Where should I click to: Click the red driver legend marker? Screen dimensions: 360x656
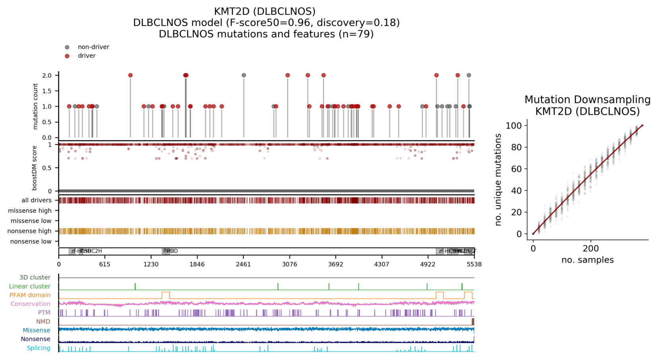pyautogui.click(x=67, y=56)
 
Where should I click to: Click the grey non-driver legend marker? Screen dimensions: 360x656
pyautogui.click(x=67, y=47)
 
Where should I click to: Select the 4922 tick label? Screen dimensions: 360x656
pyautogui.click(x=428, y=264)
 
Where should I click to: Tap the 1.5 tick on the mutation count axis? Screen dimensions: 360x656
pyautogui.click(x=47, y=91)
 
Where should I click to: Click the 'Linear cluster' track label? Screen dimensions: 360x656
pyautogui.click(x=30, y=286)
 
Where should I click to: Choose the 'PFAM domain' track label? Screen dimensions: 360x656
pyautogui.click(x=30, y=295)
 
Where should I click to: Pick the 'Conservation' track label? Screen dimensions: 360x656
pyautogui.click(x=31, y=304)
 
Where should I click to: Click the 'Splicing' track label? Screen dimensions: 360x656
pyautogui.click(x=39, y=348)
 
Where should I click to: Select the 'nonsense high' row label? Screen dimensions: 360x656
pyautogui.click(x=29, y=231)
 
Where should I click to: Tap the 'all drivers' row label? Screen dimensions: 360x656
pyautogui.click(x=37, y=200)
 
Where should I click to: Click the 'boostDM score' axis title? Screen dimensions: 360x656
pyautogui.click(x=35, y=168)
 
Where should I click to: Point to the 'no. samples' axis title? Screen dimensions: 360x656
pyautogui.click(x=587, y=260)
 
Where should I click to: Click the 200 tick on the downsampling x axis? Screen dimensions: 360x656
pyautogui.click(x=590, y=249)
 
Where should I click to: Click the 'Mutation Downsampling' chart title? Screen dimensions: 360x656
pyautogui.click(x=587, y=100)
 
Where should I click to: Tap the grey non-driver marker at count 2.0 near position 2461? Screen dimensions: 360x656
pyautogui.click(x=244, y=75)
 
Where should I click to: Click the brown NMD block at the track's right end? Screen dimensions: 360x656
pyautogui.click(x=473, y=321)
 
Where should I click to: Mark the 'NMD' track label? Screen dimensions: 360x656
pyautogui.click(x=43, y=321)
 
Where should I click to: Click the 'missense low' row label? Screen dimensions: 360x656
pyautogui.click(x=31, y=221)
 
